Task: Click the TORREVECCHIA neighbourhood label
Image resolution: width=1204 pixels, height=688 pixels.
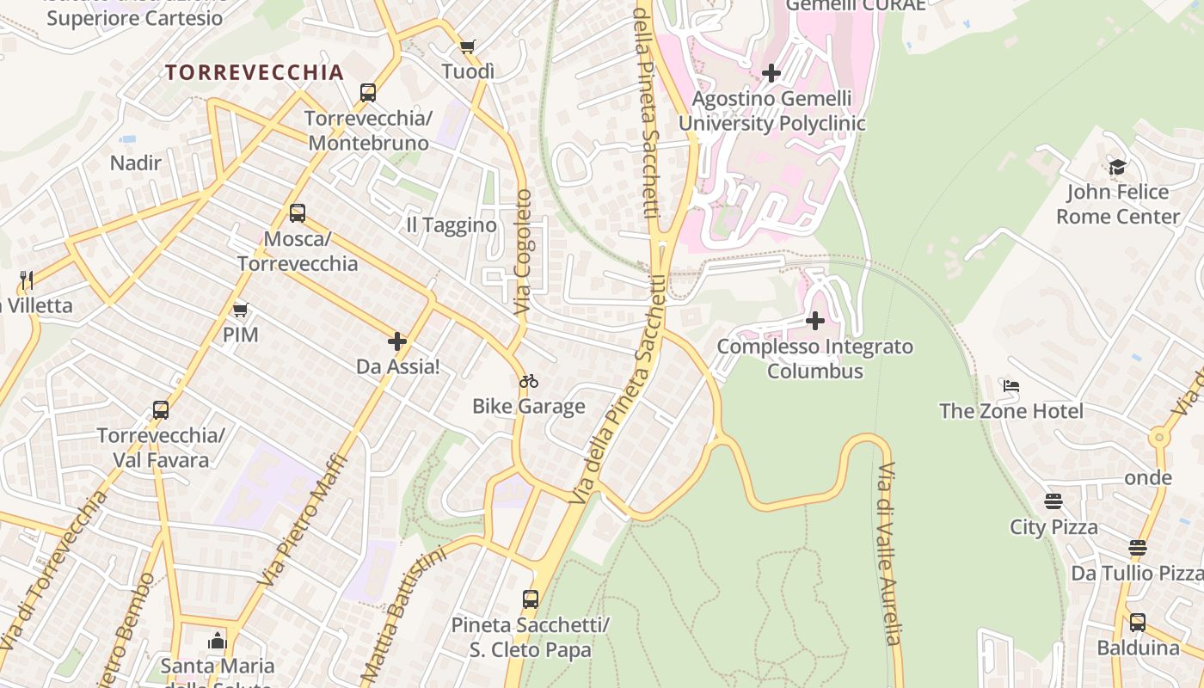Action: (255, 72)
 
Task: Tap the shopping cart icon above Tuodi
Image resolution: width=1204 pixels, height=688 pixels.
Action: (467, 46)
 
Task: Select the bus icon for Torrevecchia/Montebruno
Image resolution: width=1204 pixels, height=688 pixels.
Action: (368, 93)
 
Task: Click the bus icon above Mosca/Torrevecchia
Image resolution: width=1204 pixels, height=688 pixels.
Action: (298, 212)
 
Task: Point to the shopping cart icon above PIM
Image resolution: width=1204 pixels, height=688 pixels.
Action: (241, 310)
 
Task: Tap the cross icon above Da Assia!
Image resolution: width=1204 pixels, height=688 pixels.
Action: (397, 341)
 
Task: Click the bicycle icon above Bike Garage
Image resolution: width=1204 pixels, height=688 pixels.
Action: (529, 381)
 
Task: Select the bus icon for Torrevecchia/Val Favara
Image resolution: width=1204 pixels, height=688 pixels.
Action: (161, 410)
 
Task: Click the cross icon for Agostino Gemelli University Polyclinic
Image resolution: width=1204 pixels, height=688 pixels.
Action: (771, 74)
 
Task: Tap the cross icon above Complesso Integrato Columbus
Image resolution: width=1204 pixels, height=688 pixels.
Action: (815, 322)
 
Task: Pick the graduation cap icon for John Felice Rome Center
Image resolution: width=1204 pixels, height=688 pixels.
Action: (1117, 167)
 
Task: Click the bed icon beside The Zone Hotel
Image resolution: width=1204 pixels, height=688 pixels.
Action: (1011, 386)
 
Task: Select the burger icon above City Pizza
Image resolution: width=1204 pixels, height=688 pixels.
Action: (1053, 501)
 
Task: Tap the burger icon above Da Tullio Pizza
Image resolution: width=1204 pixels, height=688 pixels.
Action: (1138, 548)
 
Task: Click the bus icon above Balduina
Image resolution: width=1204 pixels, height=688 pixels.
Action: (1138, 622)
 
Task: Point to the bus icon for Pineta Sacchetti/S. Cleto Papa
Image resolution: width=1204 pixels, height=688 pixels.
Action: (531, 599)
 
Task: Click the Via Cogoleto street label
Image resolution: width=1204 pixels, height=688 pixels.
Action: (523, 251)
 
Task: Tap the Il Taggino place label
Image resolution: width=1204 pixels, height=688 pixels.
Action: (451, 225)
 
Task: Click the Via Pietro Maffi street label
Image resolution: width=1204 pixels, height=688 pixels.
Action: (305, 520)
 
